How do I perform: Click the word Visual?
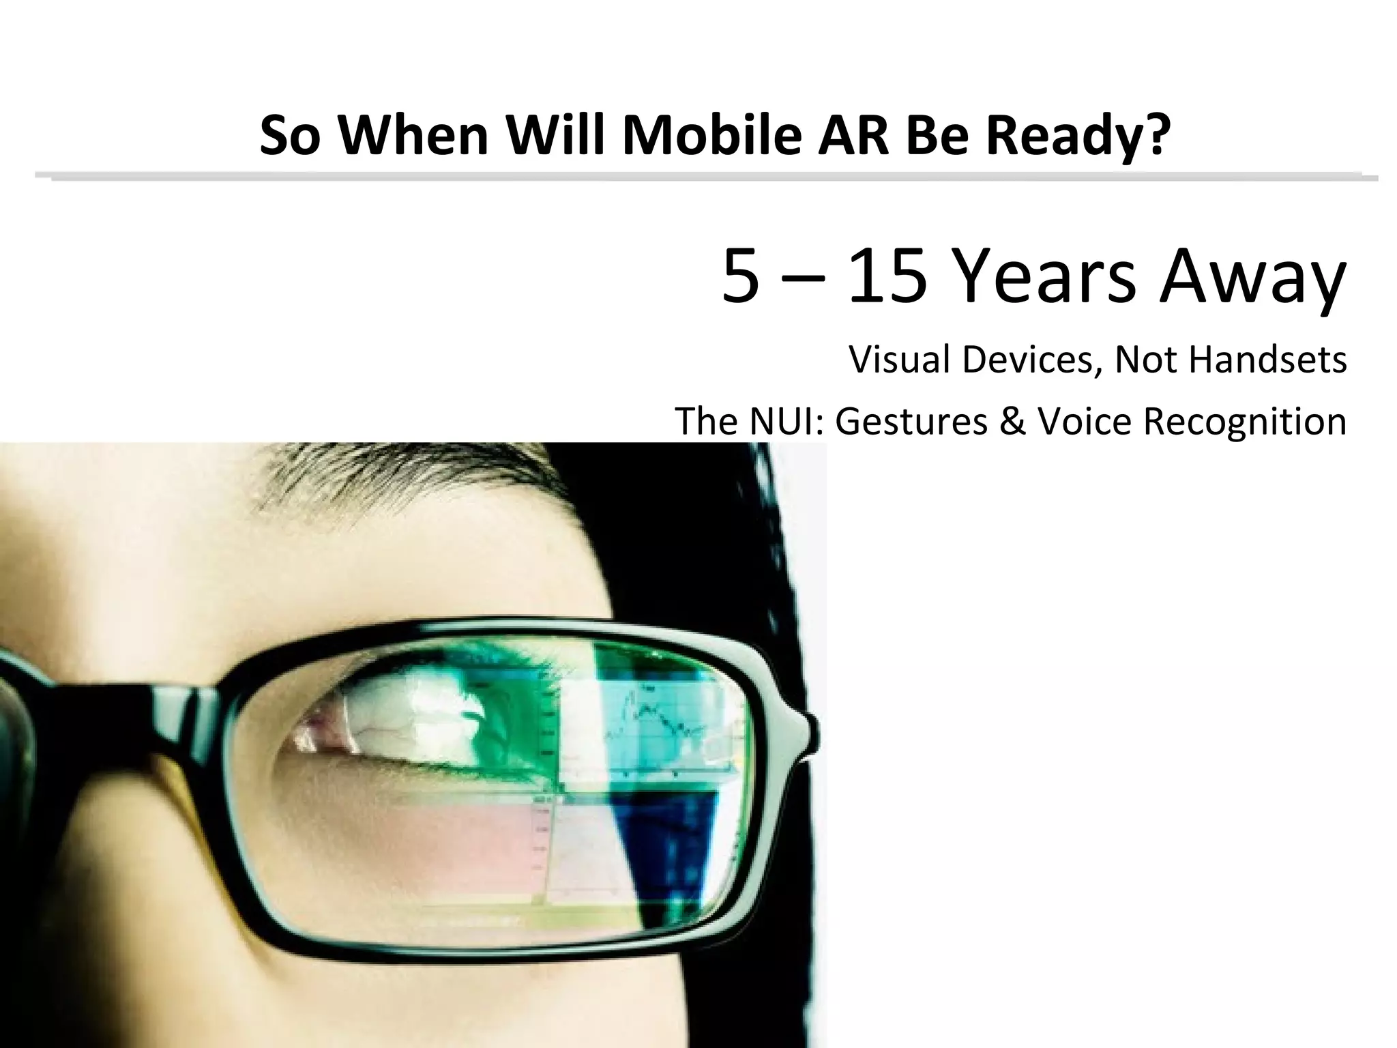[x=898, y=360]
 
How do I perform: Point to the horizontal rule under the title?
[x=703, y=177]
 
